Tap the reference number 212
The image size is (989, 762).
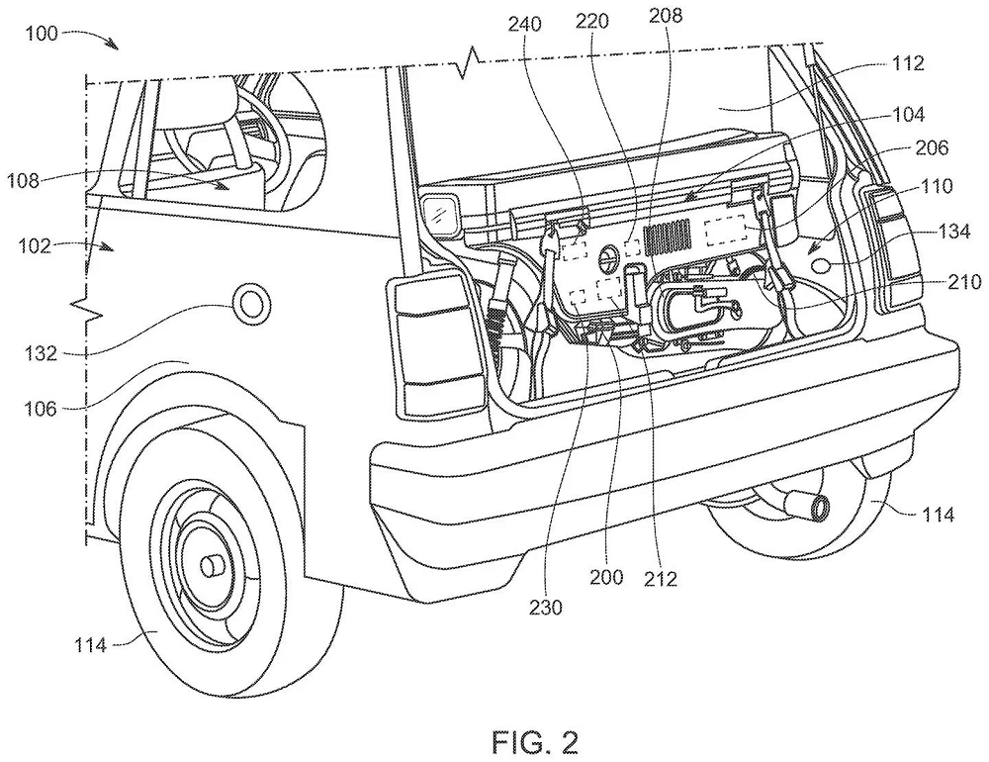(x=659, y=579)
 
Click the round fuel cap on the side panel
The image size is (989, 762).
(x=247, y=302)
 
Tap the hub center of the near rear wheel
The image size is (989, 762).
(x=215, y=567)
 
